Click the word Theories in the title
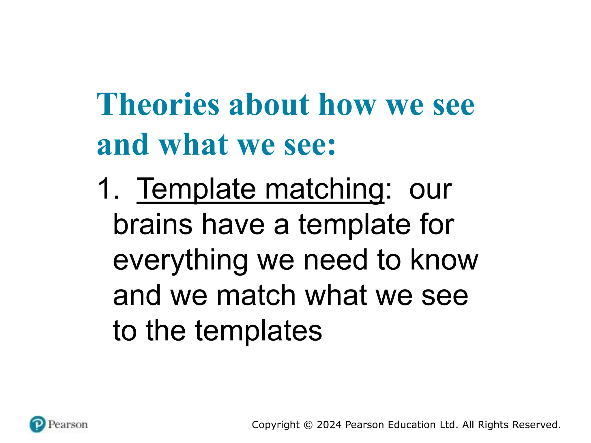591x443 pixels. pos(158,104)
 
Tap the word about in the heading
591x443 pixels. pos(269,104)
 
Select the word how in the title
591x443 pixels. pos(347,104)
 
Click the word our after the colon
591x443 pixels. pos(430,190)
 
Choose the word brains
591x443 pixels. pos(153,225)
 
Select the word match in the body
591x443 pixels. pos(256,295)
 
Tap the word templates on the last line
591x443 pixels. pos(258,331)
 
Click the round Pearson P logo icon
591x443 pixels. pos(38,424)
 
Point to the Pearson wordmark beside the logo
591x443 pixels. pos(68,425)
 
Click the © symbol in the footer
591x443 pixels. pos(308,425)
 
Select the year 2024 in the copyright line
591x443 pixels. pos(329,425)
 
